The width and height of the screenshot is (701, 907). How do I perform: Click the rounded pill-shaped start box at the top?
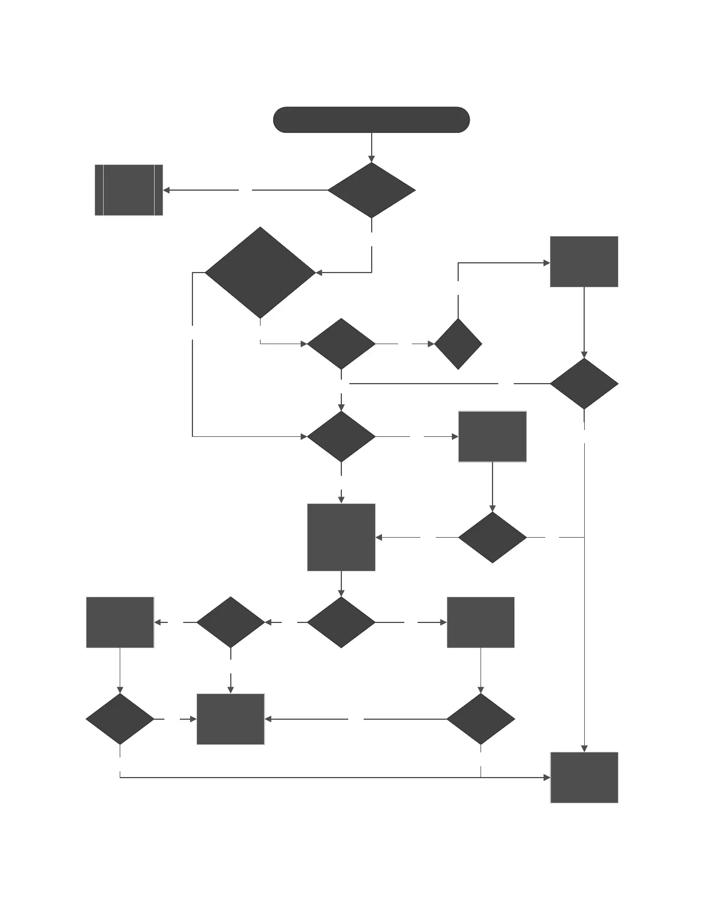click(x=372, y=120)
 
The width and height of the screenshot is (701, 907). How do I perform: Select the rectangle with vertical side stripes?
click(x=129, y=190)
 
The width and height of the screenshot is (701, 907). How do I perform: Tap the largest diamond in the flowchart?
click(x=261, y=273)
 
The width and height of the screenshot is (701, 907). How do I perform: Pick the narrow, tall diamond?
click(x=458, y=344)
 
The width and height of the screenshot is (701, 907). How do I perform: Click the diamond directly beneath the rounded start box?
click(x=372, y=190)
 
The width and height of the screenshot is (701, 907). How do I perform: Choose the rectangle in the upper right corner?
click(x=584, y=262)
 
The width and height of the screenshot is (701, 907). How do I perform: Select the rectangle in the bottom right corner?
click(x=584, y=778)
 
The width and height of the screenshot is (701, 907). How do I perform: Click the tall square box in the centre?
click(x=341, y=537)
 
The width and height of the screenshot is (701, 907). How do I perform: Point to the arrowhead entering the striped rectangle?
click(x=167, y=190)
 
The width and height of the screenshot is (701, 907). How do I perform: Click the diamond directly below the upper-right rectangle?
click(x=584, y=384)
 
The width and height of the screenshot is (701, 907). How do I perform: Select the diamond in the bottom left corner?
click(x=120, y=719)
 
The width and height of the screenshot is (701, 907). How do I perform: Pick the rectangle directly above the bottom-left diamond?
click(x=120, y=622)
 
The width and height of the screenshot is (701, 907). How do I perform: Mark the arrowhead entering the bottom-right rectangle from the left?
click(x=546, y=778)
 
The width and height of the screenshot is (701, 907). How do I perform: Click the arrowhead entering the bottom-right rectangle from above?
click(x=584, y=748)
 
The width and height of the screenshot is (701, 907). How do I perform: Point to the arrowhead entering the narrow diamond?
click(x=431, y=344)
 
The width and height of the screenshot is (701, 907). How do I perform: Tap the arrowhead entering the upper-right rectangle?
click(x=546, y=263)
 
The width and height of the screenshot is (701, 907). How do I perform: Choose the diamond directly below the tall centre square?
click(x=341, y=622)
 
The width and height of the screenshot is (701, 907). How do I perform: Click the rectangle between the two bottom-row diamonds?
click(x=231, y=719)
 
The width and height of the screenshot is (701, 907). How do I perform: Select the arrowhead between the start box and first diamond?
click(x=372, y=159)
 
